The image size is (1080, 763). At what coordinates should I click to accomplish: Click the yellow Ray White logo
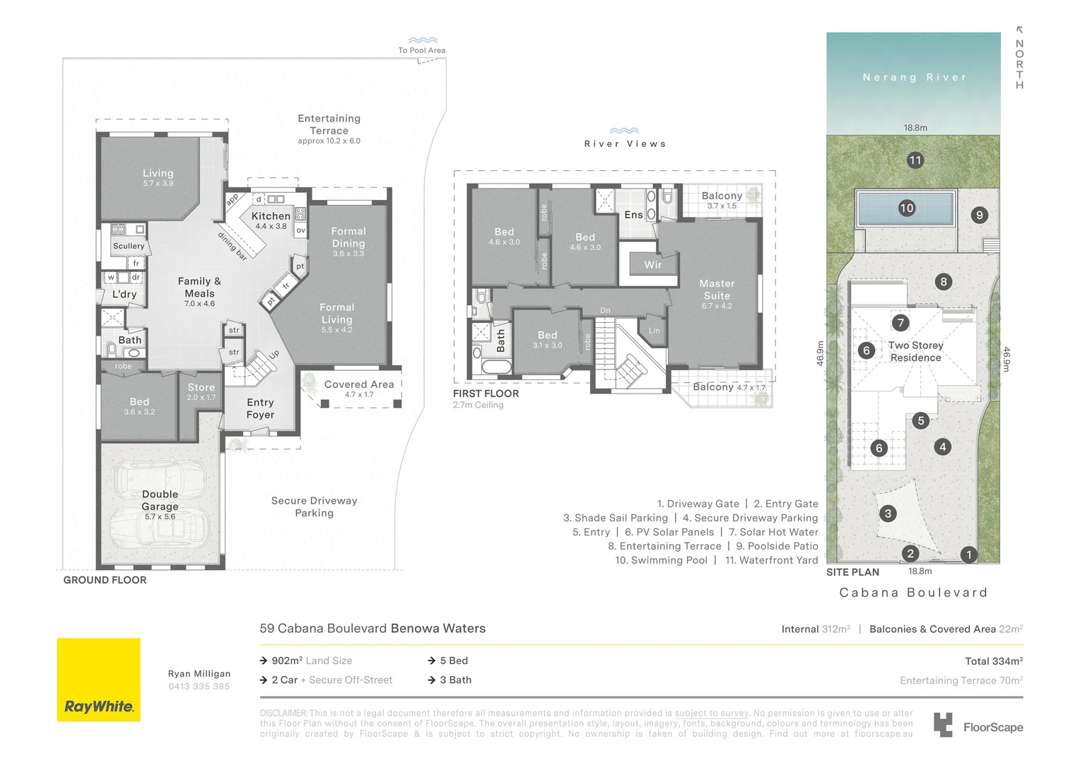pyautogui.click(x=98, y=680)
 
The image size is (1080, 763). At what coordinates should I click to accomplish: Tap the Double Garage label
pyautogui.click(x=160, y=500)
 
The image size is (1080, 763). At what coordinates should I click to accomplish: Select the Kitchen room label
pyautogui.click(x=271, y=216)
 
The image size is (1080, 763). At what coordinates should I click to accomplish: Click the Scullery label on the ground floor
pyautogui.click(x=129, y=246)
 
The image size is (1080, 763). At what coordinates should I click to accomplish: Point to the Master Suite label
pyautogui.click(x=717, y=290)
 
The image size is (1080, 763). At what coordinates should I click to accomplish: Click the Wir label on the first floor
pyautogui.click(x=652, y=265)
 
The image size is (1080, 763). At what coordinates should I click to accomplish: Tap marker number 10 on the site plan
pyautogui.click(x=907, y=208)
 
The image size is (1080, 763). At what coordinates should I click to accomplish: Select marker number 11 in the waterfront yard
pyautogui.click(x=915, y=160)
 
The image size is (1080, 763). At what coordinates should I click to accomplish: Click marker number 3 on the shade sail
pyautogui.click(x=888, y=514)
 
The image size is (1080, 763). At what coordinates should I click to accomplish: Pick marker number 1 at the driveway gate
pyautogui.click(x=968, y=555)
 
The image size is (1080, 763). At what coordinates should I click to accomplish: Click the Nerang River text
pyautogui.click(x=914, y=78)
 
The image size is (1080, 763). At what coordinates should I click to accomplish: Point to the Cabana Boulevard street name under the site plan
pyautogui.click(x=913, y=593)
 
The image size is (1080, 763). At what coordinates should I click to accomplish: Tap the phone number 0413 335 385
pyautogui.click(x=199, y=687)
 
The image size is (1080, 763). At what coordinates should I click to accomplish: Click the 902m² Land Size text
pyautogui.click(x=312, y=661)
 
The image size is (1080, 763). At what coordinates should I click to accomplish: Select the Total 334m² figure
pyautogui.click(x=994, y=661)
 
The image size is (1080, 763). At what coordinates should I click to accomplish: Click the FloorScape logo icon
pyautogui.click(x=943, y=726)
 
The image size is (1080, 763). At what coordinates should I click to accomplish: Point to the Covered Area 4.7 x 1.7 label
pyautogui.click(x=359, y=388)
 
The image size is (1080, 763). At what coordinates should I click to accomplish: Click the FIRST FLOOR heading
pyautogui.click(x=486, y=394)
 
